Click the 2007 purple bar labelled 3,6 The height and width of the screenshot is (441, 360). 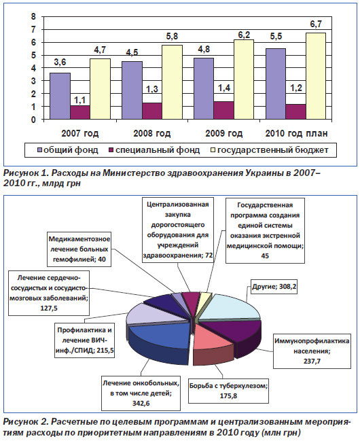pyautogui.click(x=60, y=96)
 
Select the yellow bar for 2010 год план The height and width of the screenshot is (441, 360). pyautogui.click(x=316, y=76)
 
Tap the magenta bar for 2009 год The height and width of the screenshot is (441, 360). pyautogui.click(x=223, y=111)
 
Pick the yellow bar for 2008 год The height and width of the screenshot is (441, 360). pyautogui.click(x=172, y=82)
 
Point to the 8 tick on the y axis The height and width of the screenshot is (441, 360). pyautogui.click(x=33, y=16)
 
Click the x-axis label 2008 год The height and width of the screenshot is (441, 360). pyautogui.click(x=152, y=133)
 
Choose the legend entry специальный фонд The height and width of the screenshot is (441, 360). pyautogui.click(x=154, y=150)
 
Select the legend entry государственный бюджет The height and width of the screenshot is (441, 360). pyautogui.click(x=270, y=150)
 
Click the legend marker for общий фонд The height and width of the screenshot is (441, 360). pyautogui.click(x=39, y=150)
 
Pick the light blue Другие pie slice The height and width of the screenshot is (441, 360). pyautogui.click(x=230, y=307)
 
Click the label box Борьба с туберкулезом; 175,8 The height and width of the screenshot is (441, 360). pyautogui.click(x=228, y=391)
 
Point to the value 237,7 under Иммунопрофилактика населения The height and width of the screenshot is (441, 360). pyautogui.click(x=312, y=361)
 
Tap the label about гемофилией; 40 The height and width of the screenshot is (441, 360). pyautogui.click(x=79, y=249)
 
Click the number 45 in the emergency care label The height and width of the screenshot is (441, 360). pyautogui.click(x=265, y=256)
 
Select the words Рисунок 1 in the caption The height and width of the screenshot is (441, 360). pyautogui.click(x=25, y=173)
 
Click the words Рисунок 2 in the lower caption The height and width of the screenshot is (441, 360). pyautogui.click(x=25, y=422)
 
